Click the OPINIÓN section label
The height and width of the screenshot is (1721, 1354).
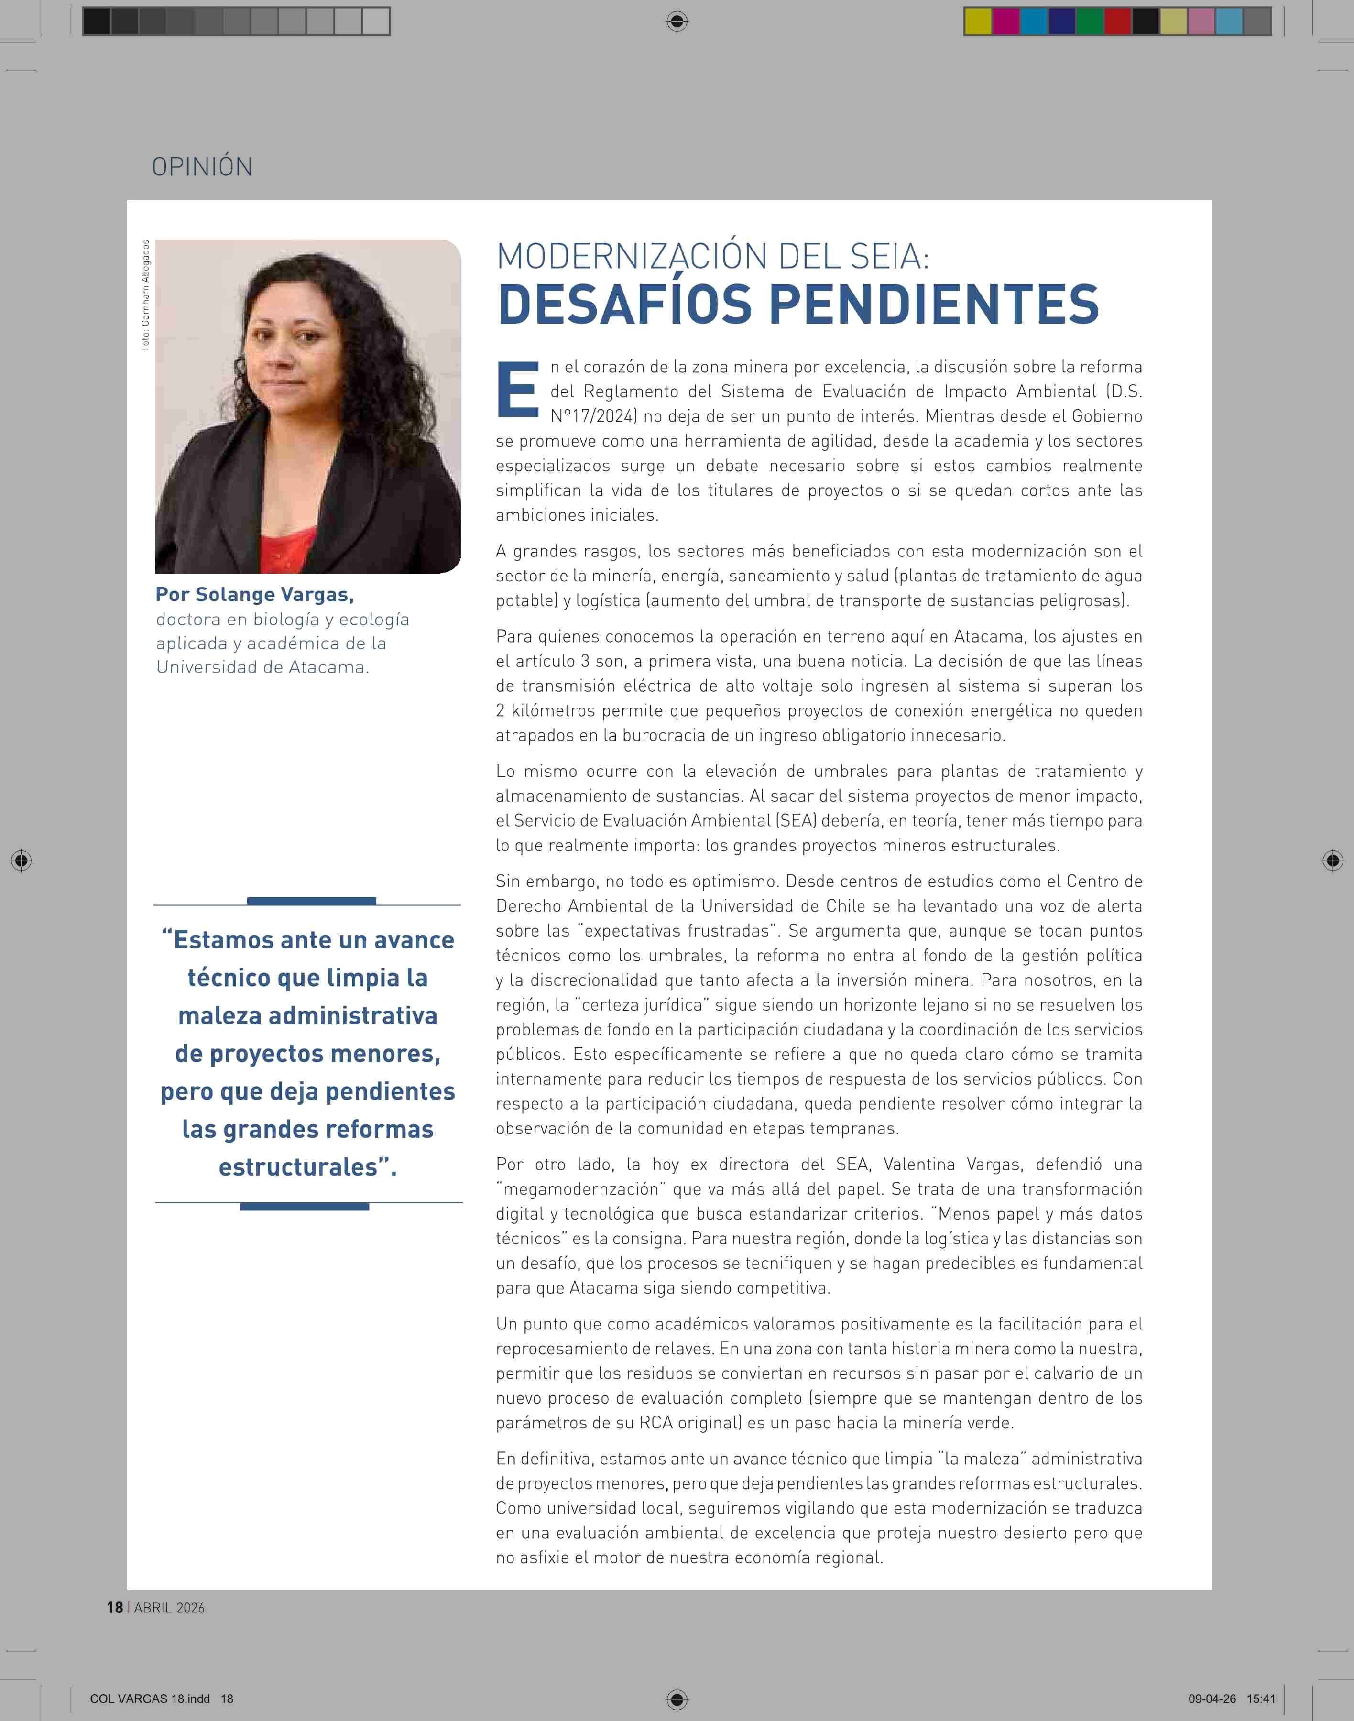[x=202, y=166]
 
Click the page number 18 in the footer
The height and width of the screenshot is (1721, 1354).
[x=115, y=1608]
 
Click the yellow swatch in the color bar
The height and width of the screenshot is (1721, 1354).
[x=977, y=22]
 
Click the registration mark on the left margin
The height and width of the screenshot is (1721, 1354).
[x=22, y=860]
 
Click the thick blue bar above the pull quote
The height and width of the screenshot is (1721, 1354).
[x=312, y=901]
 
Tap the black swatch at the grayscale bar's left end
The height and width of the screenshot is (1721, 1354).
[x=97, y=22]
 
